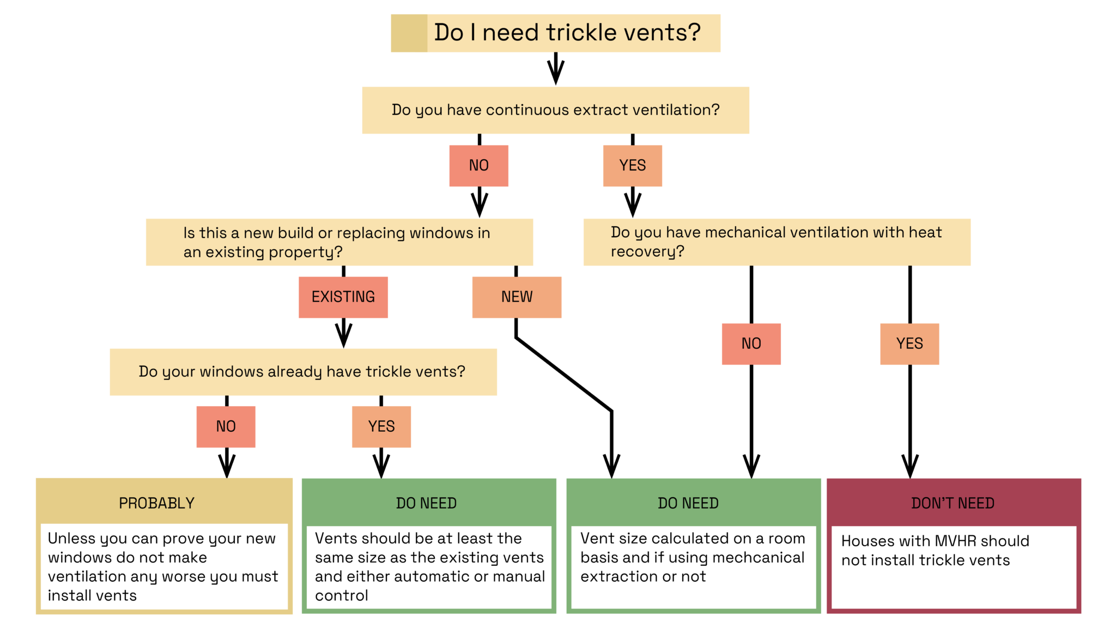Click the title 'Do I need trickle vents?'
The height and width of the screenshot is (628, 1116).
click(x=567, y=33)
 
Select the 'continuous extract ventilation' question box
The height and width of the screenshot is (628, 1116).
click(x=555, y=110)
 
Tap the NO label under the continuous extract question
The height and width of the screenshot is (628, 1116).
click(x=478, y=165)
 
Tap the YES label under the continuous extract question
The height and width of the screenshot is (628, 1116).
click(x=632, y=165)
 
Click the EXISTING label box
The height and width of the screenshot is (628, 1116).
click(x=343, y=297)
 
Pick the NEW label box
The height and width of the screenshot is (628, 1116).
click(x=516, y=297)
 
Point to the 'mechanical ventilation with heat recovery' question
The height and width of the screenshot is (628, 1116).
click(x=777, y=242)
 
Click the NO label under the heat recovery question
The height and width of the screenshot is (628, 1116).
click(x=751, y=344)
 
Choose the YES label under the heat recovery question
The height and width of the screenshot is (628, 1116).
click(x=909, y=344)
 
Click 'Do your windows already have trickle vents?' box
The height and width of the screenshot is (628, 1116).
click(x=303, y=372)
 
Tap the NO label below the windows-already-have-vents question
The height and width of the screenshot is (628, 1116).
click(x=226, y=426)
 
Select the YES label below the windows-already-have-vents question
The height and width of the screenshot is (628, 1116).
click(x=381, y=426)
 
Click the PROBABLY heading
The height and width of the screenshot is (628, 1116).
click(x=156, y=503)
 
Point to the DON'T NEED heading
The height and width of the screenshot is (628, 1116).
click(x=953, y=503)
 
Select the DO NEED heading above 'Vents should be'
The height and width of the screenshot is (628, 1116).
click(x=426, y=503)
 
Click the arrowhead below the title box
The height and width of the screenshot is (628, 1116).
click(x=555, y=74)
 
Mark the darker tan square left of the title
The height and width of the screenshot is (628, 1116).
click(x=409, y=33)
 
